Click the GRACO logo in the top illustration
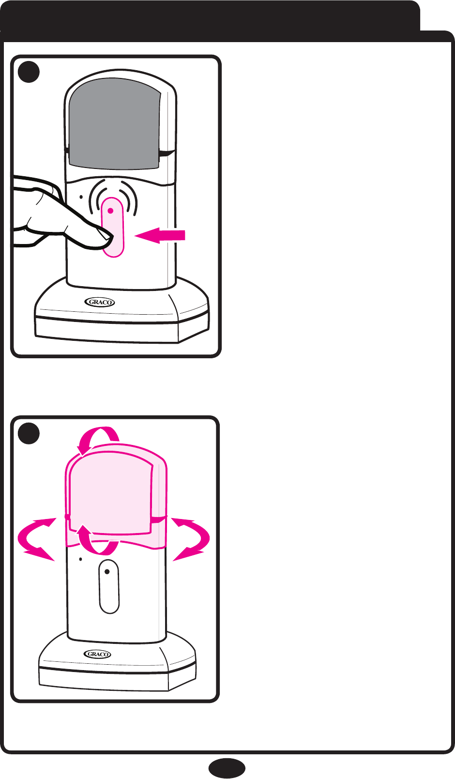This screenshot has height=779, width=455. click(x=101, y=302)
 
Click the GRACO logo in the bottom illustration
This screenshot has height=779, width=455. click(x=98, y=654)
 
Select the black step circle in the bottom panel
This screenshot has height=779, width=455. click(x=29, y=433)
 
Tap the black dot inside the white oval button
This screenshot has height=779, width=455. click(x=107, y=572)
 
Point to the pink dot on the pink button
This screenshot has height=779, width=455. click(x=111, y=211)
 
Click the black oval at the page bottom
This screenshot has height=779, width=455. click(x=227, y=768)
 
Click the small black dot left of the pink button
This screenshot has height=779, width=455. click(x=81, y=197)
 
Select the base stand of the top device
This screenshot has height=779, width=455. click(x=121, y=317)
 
